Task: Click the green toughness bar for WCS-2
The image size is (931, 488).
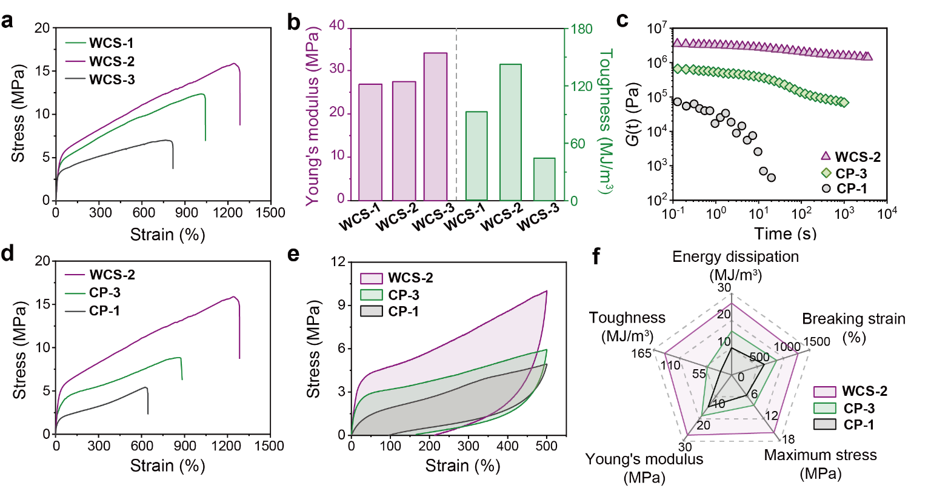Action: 510,132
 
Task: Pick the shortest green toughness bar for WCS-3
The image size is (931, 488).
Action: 544,179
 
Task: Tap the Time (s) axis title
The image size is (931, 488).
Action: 785,233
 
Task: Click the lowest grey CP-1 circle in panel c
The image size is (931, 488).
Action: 771,178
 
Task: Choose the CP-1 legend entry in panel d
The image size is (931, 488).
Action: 104,311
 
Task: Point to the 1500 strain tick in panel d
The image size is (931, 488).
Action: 270,446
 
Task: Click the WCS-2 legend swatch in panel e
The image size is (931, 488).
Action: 372,278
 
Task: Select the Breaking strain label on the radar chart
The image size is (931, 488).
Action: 853,319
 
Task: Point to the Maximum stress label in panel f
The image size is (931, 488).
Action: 820,455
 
